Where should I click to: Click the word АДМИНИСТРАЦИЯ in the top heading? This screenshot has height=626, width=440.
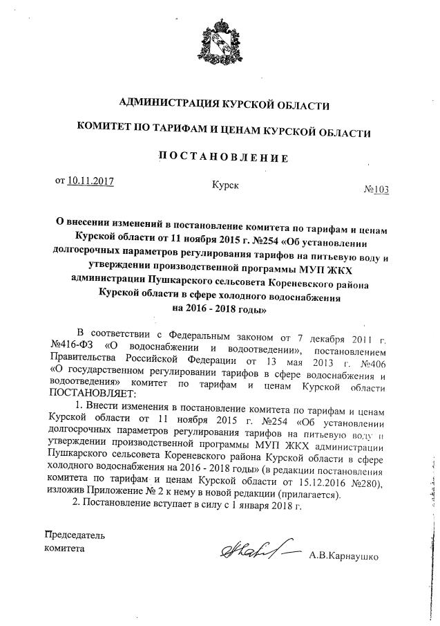166,104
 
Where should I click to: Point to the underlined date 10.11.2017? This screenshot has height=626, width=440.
90,181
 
